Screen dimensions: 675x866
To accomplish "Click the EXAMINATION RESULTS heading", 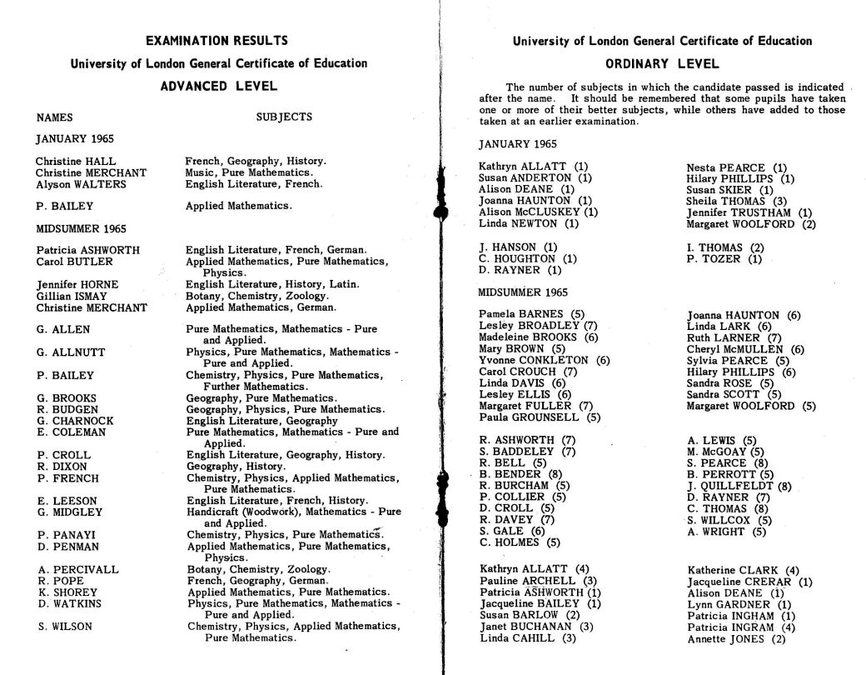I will [216, 40].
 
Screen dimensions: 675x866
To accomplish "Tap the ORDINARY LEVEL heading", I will [662, 63].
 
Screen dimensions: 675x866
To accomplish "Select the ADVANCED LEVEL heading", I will [218, 86].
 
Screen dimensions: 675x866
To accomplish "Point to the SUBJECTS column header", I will [284, 117].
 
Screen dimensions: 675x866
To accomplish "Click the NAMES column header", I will [54, 117].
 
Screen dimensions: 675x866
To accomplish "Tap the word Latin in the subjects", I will [346, 284].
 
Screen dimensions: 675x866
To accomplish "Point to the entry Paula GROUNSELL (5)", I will [540, 417].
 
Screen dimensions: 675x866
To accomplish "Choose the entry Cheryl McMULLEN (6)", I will [745, 349].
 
